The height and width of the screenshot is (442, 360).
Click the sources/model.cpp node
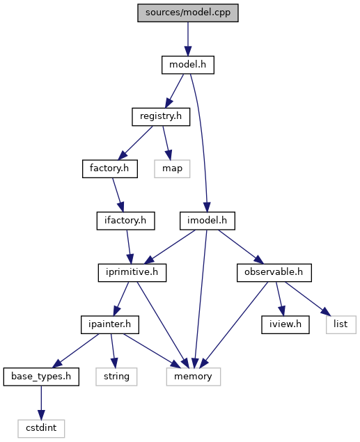[188, 13]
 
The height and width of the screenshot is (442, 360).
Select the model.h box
[188, 65]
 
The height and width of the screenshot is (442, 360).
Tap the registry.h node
[161, 117]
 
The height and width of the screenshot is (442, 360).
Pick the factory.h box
[110, 169]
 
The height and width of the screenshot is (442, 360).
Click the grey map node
[172, 169]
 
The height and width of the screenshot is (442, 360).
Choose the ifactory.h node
[126, 221]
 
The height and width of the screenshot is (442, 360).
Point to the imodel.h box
[208, 221]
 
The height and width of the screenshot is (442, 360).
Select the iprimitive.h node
[132, 273]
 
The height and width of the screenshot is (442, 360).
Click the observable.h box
[274, 273]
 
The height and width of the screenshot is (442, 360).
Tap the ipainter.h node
[110, 325]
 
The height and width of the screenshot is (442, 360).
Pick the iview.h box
[285, 325]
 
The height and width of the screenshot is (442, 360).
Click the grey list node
[341, 325]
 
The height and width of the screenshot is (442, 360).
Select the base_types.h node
[41, 377]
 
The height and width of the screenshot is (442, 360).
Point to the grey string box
[116, 377]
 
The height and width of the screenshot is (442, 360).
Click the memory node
[194, 377]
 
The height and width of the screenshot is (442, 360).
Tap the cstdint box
[41, 429]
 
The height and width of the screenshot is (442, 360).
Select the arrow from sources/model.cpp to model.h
[188, 39]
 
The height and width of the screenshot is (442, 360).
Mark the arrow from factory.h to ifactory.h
[118, 195]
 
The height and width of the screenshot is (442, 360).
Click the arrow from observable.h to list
[308, 299]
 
